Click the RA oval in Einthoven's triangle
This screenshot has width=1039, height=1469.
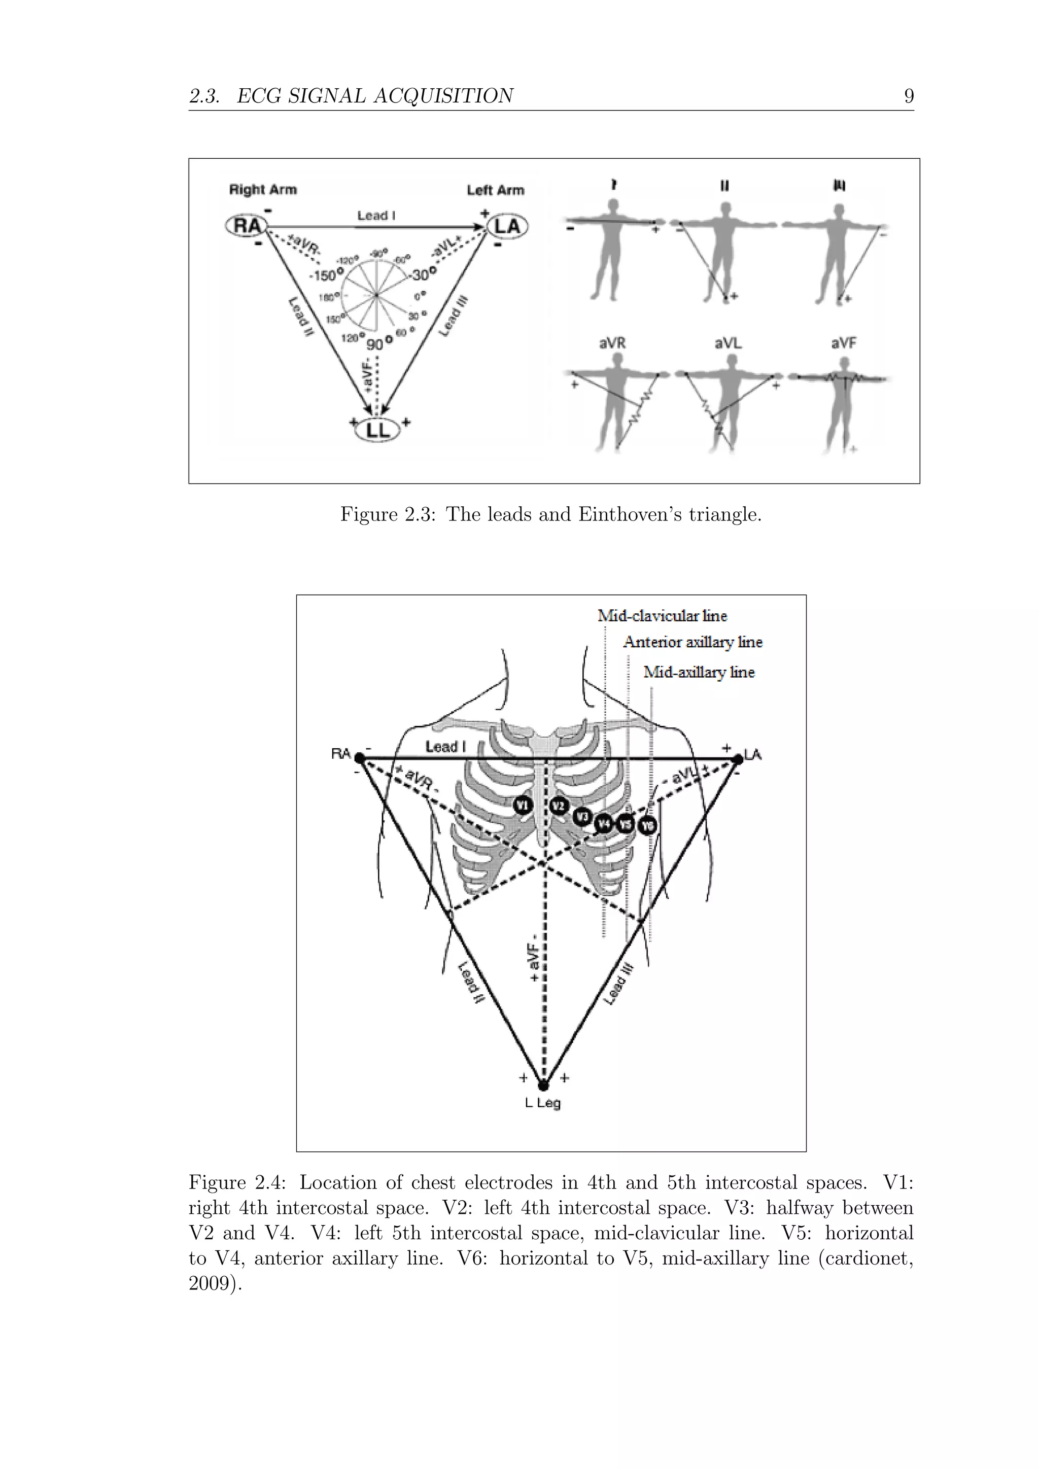coord(247,226)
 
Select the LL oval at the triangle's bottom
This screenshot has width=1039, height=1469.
coord(377,430)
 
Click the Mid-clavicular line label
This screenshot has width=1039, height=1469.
coord(662,616)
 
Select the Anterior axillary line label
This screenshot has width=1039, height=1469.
coord(693,642)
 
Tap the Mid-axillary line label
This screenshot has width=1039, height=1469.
coord(699,673)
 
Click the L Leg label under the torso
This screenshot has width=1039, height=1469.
coord(542,1104)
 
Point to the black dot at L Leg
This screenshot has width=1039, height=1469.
coord(544,1085)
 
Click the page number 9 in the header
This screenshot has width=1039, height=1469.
coord(909,96)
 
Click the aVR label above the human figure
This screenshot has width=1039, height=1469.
coord(612,343)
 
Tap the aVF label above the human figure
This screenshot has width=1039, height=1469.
coord(844,343)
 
